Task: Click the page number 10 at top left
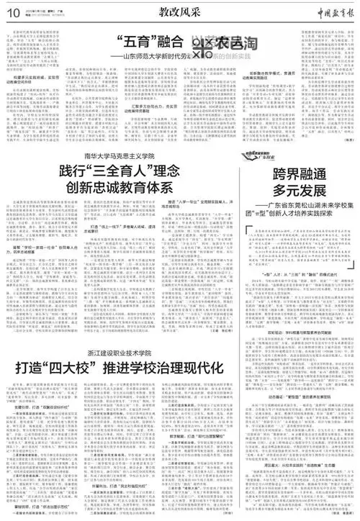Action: click(13, 13)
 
